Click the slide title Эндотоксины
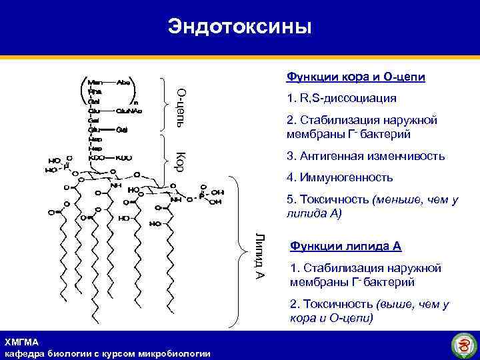point(239,27)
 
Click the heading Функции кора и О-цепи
point(355,77)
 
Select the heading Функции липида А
point(345,246)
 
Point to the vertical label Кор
point(179,160)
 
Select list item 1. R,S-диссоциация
point(341,99)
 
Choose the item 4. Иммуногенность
point(339,178)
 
